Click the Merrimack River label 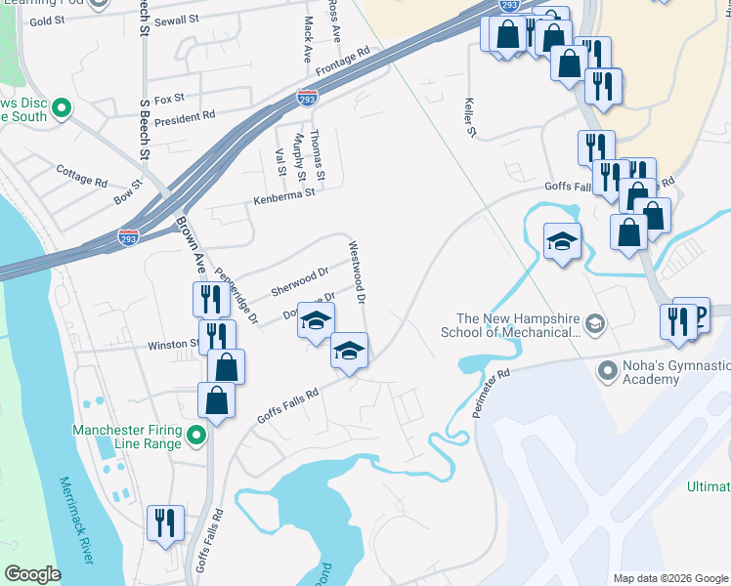tap(75, 521)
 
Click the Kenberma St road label tap(283, 193)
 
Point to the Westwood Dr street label tap(356, 272)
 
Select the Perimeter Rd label tap(491, 395)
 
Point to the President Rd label tap(184, 116)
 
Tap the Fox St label tap(169, 99)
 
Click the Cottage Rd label tap(81, 181)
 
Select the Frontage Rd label tap(343, 62)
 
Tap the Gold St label tap(46, 21)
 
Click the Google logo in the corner tap(32, 574)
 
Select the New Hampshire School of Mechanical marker tap(593, 323)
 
